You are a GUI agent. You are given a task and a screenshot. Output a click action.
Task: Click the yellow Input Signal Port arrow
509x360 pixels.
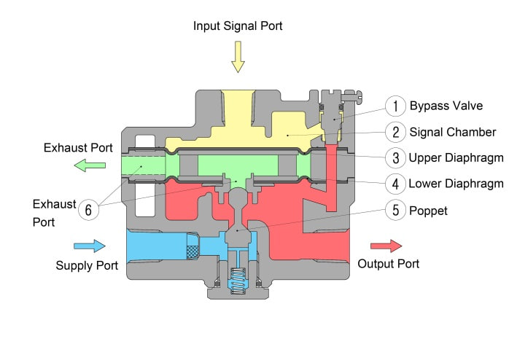(x=238, y=57)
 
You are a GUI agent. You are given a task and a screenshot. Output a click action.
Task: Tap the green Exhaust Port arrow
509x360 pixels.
(x=90, y=165)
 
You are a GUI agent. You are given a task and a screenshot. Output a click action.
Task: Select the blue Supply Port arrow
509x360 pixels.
(x=90, y=246)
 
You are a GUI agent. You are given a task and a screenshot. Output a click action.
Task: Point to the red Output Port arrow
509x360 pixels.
(x=386, y=246)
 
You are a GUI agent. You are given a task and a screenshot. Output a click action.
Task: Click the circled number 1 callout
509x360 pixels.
(x=395, y=106)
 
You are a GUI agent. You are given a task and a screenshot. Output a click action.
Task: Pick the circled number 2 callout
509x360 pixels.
(x=395, y=132)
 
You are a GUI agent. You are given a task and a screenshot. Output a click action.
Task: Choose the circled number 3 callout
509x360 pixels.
(x=395, y=158)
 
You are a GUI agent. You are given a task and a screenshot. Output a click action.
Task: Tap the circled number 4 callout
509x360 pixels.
(x=395, y=184)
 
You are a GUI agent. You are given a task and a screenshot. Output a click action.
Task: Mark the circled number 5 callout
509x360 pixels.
(x=395, y=210)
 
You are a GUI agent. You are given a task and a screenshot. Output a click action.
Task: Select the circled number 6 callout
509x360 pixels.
(x=88, y=210)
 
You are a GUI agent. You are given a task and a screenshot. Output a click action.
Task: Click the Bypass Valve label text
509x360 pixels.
(x=446, y=106)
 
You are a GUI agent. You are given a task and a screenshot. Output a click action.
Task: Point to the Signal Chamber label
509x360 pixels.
(x=453, y=132)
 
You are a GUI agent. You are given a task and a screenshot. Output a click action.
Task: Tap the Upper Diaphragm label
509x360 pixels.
(x=456, y=158)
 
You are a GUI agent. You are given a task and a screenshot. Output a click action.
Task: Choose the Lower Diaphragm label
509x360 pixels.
(x=456, y=184)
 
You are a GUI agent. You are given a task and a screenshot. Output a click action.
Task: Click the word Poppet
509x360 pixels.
(x=428, y=211)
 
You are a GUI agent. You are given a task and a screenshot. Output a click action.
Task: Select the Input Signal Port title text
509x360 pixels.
(x=238, y=26)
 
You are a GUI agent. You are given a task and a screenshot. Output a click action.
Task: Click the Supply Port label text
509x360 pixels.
(x=87, y=265)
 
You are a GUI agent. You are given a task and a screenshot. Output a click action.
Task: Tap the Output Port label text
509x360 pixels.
(x=388, y=264)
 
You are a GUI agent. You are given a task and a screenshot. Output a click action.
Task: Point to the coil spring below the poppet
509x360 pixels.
(x=238, y=281)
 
